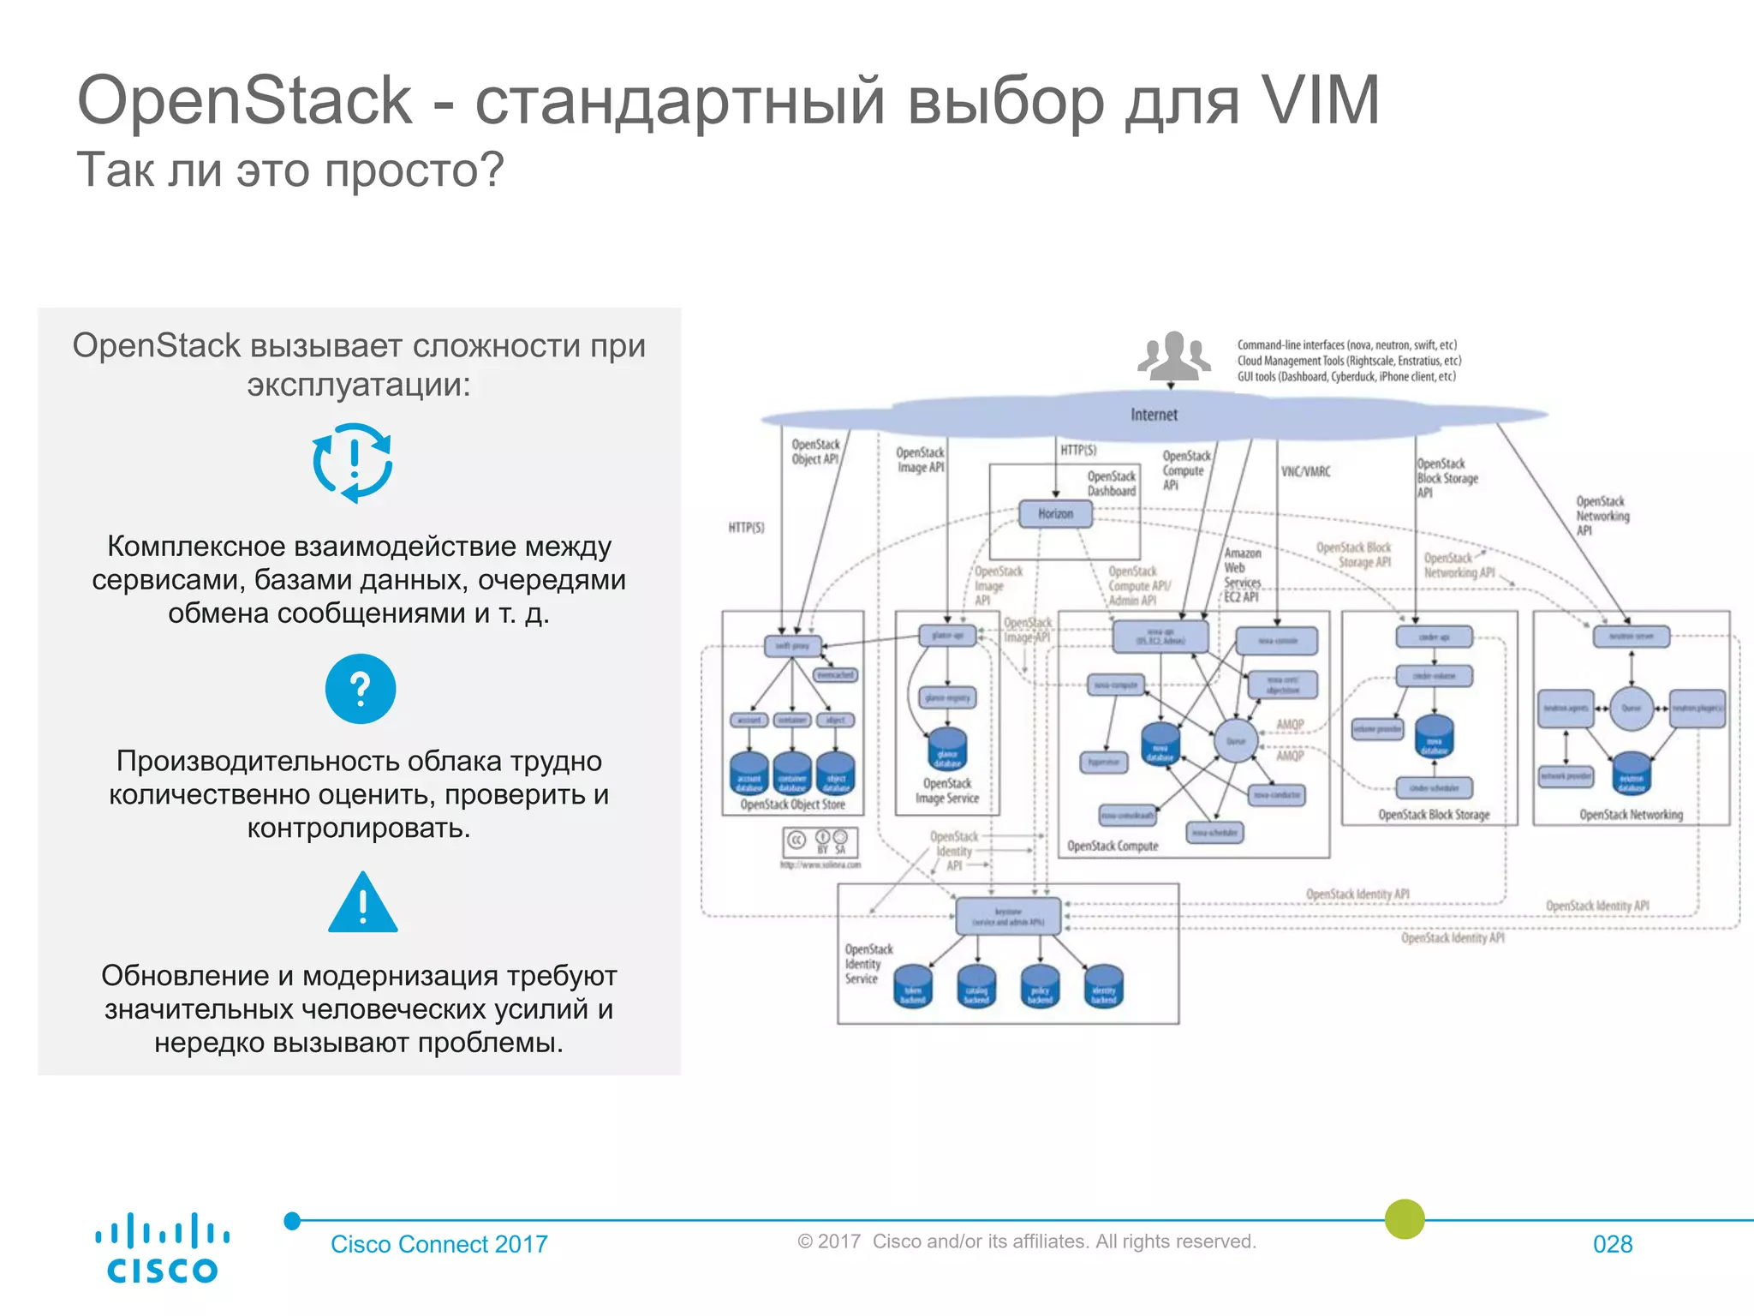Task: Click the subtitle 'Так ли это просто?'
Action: point(290,170)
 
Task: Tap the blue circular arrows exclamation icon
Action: point(353,463)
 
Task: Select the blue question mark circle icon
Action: point(361,689)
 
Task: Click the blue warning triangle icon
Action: point(363,904)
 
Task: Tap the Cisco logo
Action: point(162,1247)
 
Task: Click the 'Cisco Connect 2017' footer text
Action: point(439,1244)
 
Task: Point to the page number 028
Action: point(1613,1244)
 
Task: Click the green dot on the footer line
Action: point(1405,1218)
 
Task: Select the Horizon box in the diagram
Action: point(1055,514)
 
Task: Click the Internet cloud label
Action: point(1154,415)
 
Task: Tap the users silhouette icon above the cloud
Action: point(1173,356)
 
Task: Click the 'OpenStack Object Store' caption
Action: point(792,805)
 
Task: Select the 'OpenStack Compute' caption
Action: point(1113,846)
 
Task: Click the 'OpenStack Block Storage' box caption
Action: point(1434,815)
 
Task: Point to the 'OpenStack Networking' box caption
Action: point(1631,815)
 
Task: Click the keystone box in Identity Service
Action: point(1008,917)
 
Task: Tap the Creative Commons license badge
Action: point(820,841)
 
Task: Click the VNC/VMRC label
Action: point(1305,472)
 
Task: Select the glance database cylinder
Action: point(947,749)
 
